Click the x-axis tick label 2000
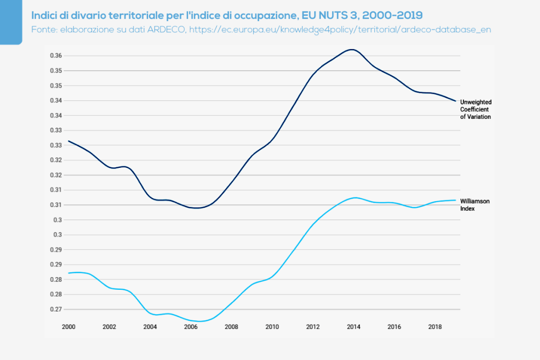point(69,327)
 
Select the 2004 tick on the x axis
point(150,327)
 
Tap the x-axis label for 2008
point(231,327)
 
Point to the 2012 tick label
point(312,327)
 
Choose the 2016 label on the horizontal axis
point(394,327)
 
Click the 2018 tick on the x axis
point(434,327)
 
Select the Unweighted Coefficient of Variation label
point(476,109)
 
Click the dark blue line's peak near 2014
point(352,50)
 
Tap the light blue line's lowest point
point(200,321)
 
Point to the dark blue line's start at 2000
point(69,141)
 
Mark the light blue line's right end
point(455,200)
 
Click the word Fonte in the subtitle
point(43,30)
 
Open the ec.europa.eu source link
point(340,30)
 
